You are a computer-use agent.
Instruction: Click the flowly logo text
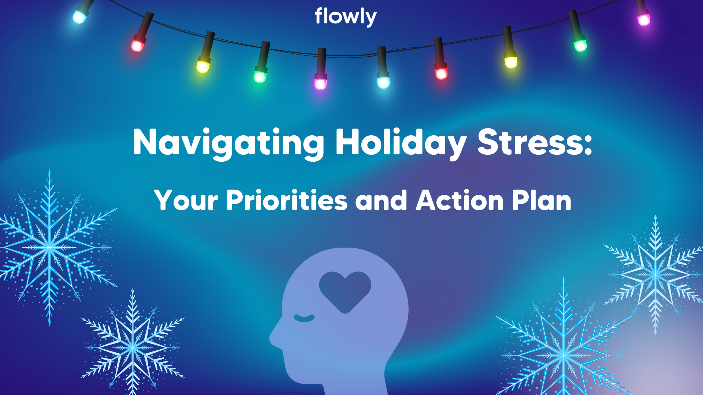point(345,17)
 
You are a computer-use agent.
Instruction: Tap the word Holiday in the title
point(401,143)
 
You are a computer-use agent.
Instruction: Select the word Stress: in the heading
point(535,143)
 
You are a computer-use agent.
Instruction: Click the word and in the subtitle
point(381,201)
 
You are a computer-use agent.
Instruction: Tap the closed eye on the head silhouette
point(304,318)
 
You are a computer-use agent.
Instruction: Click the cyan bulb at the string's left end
point(79,16)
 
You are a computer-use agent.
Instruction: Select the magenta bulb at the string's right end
point(643,19)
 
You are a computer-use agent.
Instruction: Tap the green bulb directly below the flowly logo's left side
point(260,76)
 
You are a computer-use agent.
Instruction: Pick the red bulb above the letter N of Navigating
point(138,45)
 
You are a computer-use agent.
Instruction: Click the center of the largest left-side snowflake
point(49,247)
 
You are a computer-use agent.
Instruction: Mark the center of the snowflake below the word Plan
point(564,355)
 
